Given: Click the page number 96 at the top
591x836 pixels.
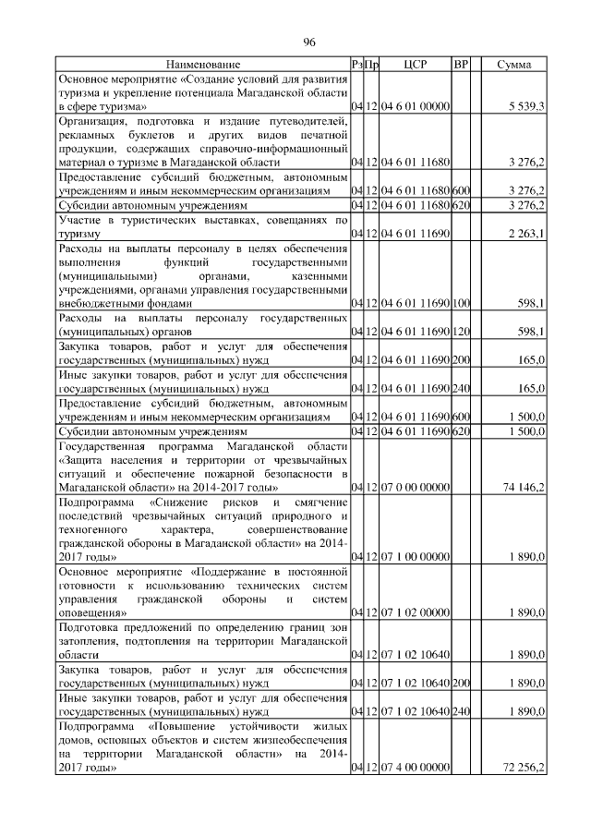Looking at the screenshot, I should (x=310, y=42).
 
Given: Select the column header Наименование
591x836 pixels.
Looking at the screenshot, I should (x=203, y=65).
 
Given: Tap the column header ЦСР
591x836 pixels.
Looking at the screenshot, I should (x=414, y=65).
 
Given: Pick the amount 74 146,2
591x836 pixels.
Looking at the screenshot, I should (x=524, y=486).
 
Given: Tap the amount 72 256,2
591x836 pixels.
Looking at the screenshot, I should (x=524, y=768).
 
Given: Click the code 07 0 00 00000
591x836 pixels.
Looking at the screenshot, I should (x=414, y=486).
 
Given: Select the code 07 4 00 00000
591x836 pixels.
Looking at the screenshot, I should (x=414, y=768).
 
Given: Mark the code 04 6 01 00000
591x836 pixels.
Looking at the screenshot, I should (x=414, y=107).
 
